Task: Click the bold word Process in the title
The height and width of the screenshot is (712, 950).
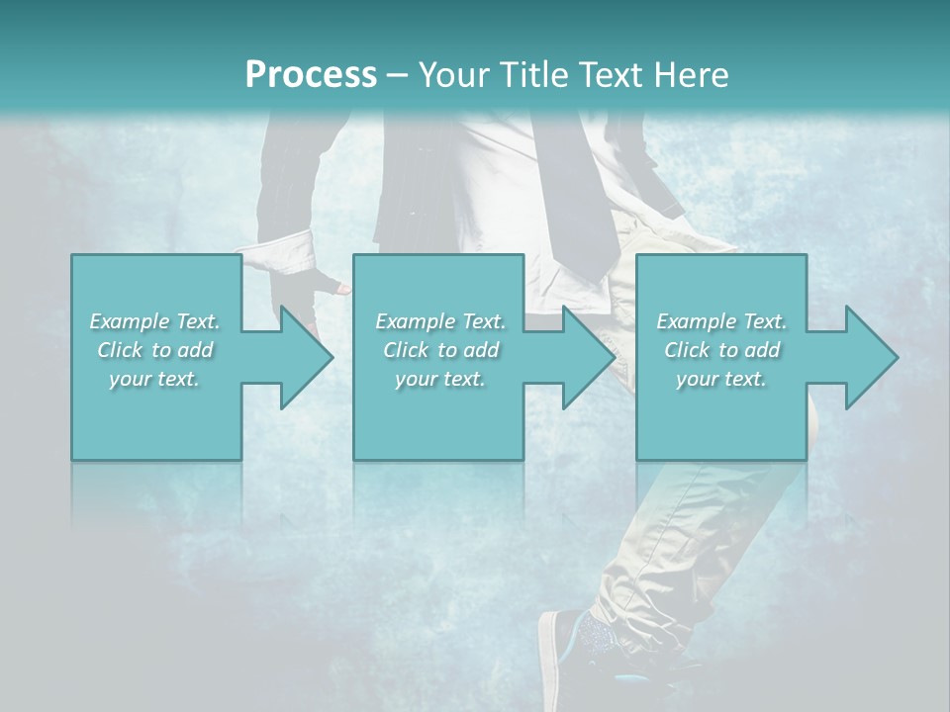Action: (x=311, y=74)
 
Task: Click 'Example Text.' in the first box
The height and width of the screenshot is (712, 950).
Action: (x=155, y=321)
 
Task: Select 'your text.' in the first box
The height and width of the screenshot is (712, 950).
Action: (x=155, y=379)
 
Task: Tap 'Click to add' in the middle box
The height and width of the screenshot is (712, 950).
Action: (x=440, y=350)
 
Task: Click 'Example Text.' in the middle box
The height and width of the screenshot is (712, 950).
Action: (x=440, y=321)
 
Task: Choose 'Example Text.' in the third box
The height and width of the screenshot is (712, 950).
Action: (x=721, y=321)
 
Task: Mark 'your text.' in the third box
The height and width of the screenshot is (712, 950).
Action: (x=721, y=379)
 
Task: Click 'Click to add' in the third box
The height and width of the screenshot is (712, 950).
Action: (x=721, y=350)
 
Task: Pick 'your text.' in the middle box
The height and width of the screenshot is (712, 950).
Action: (x=440, y=379)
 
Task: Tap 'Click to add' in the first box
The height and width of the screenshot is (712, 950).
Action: (x=155, y=350)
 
